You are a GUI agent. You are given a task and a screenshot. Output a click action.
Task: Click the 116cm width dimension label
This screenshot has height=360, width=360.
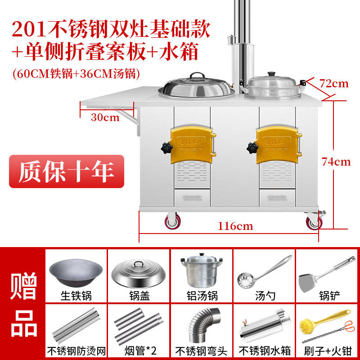(235, 226)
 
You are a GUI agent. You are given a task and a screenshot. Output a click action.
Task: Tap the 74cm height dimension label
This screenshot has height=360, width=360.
(336, 162)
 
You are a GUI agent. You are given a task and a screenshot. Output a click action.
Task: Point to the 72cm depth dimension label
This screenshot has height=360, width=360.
(334, 84)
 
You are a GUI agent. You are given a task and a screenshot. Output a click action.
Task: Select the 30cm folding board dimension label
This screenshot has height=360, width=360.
(105, 117)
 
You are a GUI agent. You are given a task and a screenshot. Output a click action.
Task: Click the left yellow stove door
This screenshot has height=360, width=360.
(193, 145)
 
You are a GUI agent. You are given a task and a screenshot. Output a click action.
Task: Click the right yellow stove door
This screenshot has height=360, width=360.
(279, 145)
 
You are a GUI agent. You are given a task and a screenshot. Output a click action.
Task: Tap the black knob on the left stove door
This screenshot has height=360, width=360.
(166, 148)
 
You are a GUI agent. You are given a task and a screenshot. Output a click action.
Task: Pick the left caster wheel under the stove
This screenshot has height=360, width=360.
(173, 221)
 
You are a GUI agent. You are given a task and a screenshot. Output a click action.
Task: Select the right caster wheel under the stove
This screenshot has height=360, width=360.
(315, 220)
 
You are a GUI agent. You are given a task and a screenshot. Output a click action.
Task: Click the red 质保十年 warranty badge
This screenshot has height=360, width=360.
(67, 171)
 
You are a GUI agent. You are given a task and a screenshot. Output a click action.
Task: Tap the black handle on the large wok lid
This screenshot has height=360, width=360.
(197, 76)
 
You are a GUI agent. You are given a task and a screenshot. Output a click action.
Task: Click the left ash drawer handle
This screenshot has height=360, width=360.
(193, 198)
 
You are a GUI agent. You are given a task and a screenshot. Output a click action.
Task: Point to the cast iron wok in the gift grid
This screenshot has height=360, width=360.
(76, 273)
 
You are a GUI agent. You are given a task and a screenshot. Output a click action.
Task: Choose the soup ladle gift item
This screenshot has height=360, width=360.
(265, 272)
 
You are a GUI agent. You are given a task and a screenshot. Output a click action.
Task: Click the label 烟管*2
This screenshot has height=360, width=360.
(140, 351)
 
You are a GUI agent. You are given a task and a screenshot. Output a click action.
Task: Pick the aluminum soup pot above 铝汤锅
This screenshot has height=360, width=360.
(202, 270)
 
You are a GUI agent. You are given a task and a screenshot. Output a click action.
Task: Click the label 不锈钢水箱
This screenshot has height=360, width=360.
(265, 351)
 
